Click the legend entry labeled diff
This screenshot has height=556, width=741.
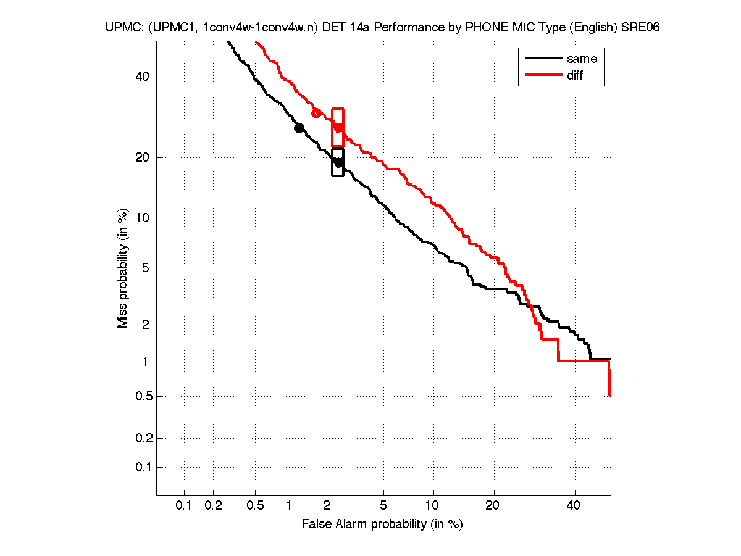tap(574, 75)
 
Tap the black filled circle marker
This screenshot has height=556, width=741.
tap(299, 128)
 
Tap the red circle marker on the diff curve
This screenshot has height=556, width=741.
tap(316, 113)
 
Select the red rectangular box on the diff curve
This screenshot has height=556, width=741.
tap(338, 127)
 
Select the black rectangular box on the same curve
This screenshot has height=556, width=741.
tap(338, 162)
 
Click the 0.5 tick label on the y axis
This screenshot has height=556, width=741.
tap(141, 396)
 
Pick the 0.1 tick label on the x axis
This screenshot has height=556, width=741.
tap(184, 506)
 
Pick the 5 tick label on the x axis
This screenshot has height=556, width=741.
tap(383, 506)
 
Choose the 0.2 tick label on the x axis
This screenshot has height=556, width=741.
tap(213, 506)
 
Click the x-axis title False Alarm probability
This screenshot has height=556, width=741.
tap(382, 525)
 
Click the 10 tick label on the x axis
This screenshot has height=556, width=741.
tap(433, 506)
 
